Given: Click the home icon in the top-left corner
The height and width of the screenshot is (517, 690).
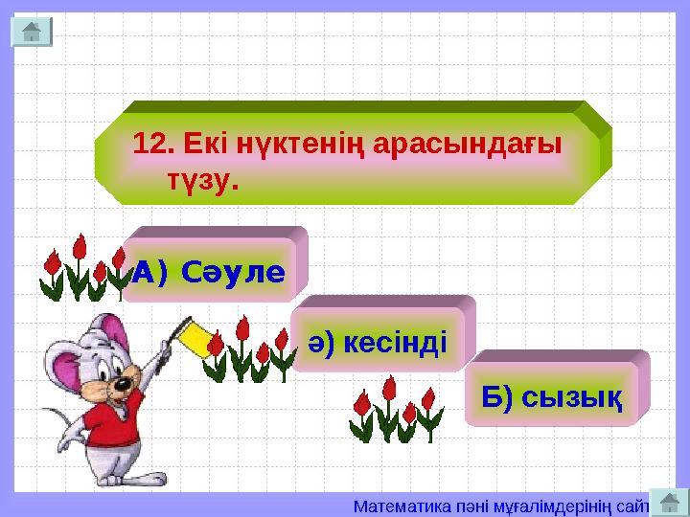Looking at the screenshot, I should (x=31, y=32).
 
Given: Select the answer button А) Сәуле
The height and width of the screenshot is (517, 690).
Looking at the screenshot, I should (x=209, y=272).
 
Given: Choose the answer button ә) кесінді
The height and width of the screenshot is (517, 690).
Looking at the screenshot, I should (x=379, y=341).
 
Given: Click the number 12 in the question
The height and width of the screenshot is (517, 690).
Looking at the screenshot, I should (x=151, y=145).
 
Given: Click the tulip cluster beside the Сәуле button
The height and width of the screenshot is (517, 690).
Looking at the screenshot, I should (x=80, y=269).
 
